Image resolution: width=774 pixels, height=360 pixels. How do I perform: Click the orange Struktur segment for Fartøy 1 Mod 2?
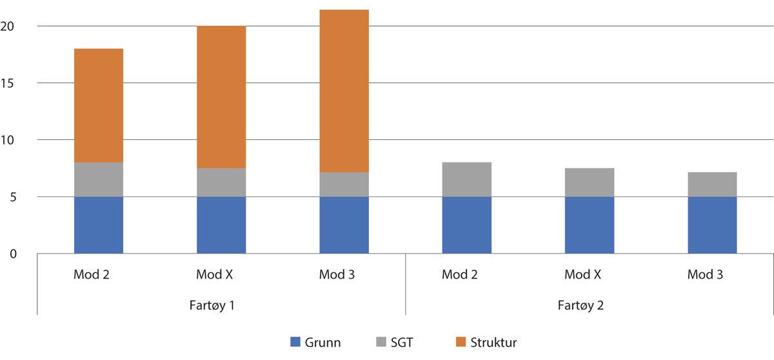pyautogui.click(x=99, y=105)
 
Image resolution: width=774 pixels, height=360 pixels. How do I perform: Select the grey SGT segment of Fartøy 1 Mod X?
pyautogui.click(x=221, y=182)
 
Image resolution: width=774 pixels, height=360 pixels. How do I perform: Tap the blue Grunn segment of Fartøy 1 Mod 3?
pyautogui.click(x=344, y=225)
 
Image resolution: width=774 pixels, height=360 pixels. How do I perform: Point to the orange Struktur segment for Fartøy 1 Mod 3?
pyautogui.click(x=344, y=90)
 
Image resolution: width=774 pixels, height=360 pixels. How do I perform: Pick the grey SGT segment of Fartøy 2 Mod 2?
pyautogui.click(x=466, y=179)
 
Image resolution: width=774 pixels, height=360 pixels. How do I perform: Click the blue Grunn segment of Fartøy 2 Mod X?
pyautogui.click(x=589, y=225)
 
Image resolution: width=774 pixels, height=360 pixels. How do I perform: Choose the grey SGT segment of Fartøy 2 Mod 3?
pyautogui.click(x=712, y=185)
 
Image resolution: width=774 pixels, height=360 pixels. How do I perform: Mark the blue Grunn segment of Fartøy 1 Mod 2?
pyautogui.click(x=99, y=225)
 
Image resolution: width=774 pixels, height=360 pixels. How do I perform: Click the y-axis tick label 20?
pyautogui.click(x=8, y=26)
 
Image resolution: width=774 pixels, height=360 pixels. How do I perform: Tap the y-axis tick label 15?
pyautogui.click(x=8, y=83)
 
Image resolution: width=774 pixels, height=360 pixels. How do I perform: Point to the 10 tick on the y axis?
pyautogui.click(x=8, y=140)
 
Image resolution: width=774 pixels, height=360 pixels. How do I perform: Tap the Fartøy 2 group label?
pyautogui.click(x=581, y=305)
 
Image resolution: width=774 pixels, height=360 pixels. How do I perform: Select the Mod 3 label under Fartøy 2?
pyautogui.click(x=705, y=274)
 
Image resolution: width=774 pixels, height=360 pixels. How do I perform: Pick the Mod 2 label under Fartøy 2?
pyautogui.click(x=460, y=274)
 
